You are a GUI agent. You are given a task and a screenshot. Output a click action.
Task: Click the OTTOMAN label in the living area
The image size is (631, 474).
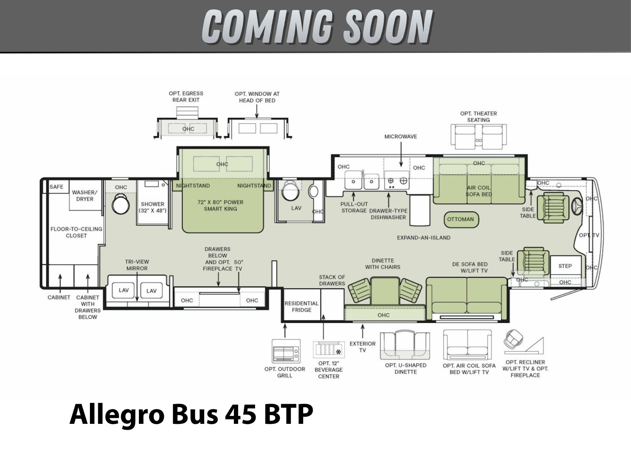pos(460,219)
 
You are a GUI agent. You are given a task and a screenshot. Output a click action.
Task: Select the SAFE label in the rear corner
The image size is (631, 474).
pos(56,187)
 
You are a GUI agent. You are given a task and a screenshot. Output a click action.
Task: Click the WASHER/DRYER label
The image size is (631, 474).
pos(85,196)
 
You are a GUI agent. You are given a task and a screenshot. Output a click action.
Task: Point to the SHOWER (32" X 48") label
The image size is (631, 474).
pos(153,207)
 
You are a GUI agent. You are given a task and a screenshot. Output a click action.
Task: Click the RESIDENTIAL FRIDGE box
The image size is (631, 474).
pos(302,305)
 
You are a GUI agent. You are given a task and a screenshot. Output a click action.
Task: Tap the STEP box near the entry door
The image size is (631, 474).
pos(565,266)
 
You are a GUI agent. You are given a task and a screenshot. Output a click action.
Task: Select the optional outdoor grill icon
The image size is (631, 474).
pos(286,351)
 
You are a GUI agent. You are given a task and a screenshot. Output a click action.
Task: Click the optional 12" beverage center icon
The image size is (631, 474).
pos(329,350)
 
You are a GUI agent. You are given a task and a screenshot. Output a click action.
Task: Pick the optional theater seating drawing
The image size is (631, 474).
pos(478,137)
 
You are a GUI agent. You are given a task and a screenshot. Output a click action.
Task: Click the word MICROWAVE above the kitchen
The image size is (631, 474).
pos(400,137)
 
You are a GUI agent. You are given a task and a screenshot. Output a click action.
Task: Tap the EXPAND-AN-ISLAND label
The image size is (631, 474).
pos(424,238)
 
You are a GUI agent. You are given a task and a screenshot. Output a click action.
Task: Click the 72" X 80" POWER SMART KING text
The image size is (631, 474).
pos(220,205)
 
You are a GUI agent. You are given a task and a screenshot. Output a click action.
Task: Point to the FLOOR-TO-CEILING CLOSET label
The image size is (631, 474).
pos(76,232)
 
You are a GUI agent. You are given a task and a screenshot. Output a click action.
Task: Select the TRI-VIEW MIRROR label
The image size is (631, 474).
pos(137,265)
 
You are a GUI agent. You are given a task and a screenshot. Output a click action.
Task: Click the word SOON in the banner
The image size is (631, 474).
pos(388,26)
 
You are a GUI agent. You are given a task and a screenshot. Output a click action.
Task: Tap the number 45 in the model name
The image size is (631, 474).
pos(241,414)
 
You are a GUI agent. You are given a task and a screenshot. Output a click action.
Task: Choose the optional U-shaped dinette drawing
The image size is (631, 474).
pos(405,346)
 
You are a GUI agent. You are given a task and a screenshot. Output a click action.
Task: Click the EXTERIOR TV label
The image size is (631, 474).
pos(362,347)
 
